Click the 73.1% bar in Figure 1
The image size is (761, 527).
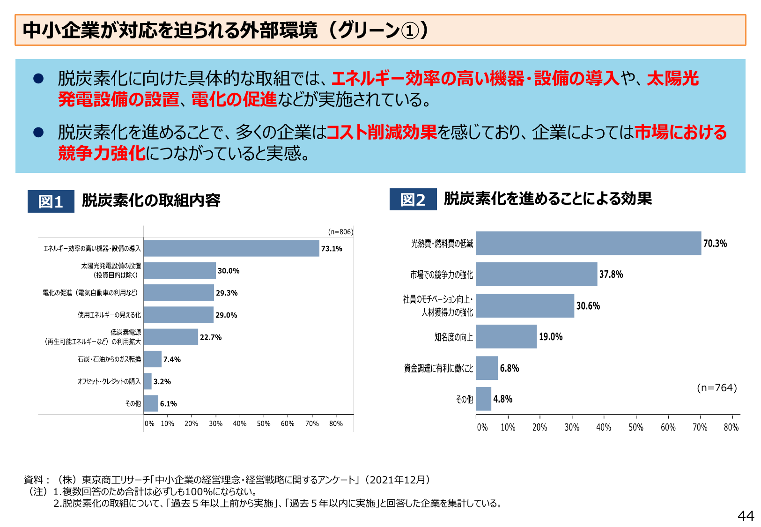[231, 248]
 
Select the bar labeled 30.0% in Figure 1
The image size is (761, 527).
[180, 271]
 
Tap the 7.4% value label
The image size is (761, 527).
[172, 359]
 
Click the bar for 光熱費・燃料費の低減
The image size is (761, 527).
[588, 243]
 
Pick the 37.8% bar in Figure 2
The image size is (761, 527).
[537, 274]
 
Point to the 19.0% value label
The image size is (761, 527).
[550, 337]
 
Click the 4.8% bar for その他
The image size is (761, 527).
[484, 399]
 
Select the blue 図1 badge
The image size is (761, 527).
[51, 201]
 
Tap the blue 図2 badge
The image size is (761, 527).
[413, 200]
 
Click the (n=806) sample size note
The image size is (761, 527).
[340, 232]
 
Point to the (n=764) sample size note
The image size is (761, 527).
[717, 387]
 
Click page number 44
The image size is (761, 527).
[746, 516]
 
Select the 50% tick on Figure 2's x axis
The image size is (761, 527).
[635, 427]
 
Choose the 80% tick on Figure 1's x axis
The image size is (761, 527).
[336, 423]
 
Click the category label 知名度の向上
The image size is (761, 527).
[453, 337]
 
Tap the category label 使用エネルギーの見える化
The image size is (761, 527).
[109, 315]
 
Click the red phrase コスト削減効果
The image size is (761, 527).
[382, 132]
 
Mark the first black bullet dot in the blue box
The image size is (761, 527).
[38, 78]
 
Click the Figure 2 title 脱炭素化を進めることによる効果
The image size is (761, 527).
[547, 199]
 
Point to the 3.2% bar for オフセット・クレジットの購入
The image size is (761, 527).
[148, 381]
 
